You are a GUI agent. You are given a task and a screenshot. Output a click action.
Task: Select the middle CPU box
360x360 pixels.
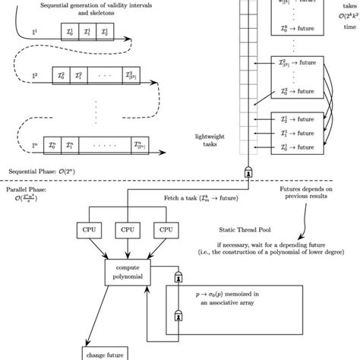coord(126,229)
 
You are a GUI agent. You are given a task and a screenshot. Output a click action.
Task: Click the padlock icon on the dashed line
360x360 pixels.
coord(248,172)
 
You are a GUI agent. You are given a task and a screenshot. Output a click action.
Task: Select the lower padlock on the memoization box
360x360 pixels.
coord(179,314)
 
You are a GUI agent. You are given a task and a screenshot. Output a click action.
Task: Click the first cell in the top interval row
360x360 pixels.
coord(70,33)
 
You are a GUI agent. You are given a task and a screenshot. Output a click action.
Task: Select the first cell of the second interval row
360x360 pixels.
coord(61,77)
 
